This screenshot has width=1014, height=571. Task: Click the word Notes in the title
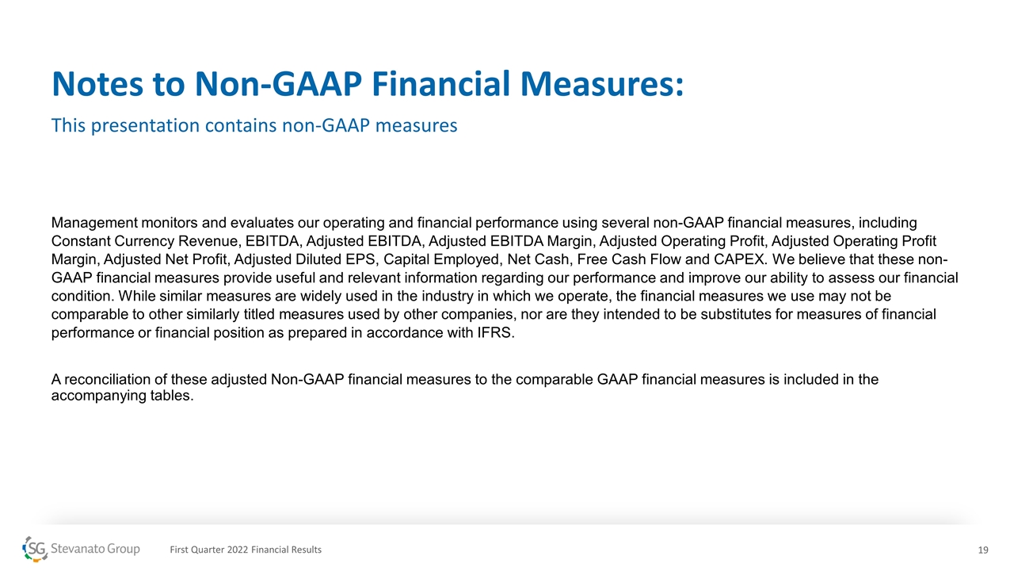point(97,84)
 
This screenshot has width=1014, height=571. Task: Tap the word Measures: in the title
point(601,84)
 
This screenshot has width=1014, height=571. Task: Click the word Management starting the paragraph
point(94,224)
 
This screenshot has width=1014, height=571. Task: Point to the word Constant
point(81,241)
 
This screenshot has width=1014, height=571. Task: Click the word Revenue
point(208,242)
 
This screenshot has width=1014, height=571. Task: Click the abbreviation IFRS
point(495,333)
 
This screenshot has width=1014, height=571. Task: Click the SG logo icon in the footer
point(35,550)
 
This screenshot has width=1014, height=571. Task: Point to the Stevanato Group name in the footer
point(95,550)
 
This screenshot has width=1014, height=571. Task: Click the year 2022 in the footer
point(237,550)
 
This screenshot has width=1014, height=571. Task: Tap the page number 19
point(983,550)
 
